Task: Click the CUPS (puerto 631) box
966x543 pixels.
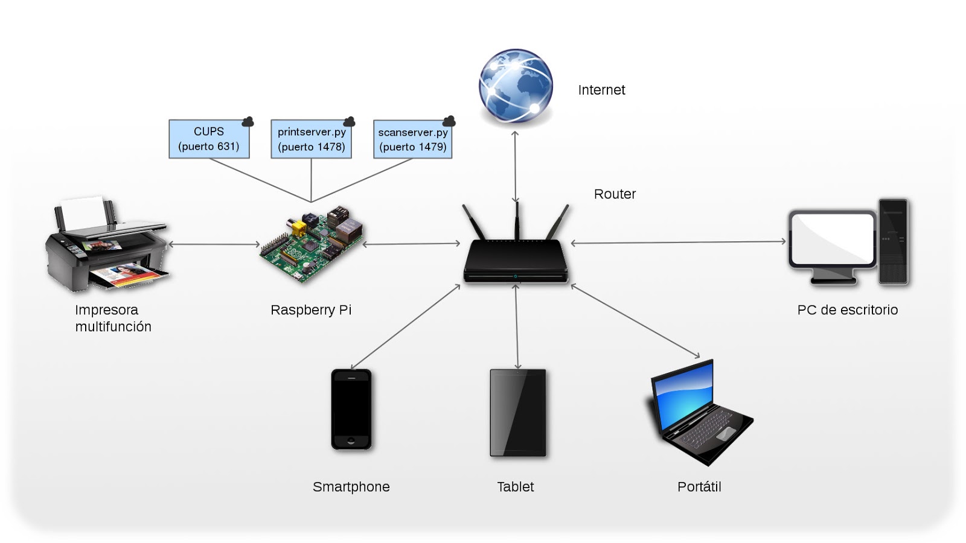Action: coord(209,139)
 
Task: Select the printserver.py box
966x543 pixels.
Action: coord(311,139)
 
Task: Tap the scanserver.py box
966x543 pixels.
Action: coord(413,139)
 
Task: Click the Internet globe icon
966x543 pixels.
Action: coord(516,87)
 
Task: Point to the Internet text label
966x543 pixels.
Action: coord(601,90)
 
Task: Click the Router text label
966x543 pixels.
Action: coord(615,194)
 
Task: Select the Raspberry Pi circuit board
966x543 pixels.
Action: coord(312,244)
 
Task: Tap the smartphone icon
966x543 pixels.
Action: coord(351,410)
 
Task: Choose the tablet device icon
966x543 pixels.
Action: coord(517,413)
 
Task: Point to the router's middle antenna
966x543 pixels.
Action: coord(517,220)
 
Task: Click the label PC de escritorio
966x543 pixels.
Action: coord(847,310)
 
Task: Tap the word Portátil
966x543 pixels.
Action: coord(699,487)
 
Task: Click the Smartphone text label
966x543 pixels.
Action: coord(351,487)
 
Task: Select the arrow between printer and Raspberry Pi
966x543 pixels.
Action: coord(214,244)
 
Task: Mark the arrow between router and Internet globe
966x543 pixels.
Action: coord(515,167)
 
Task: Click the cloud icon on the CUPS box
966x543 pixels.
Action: coord(248,122)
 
